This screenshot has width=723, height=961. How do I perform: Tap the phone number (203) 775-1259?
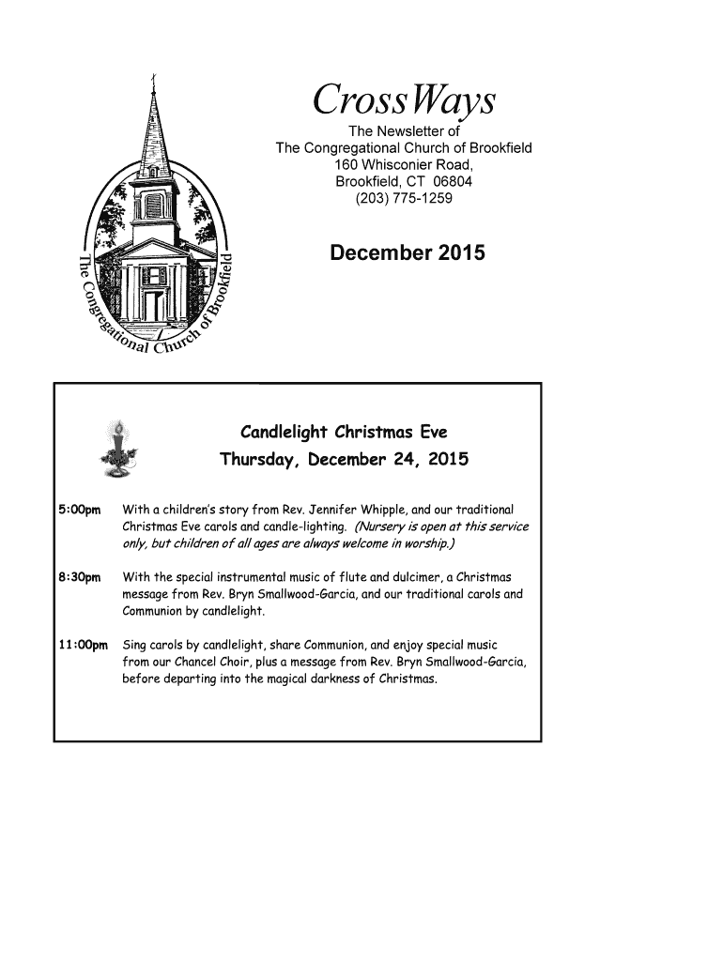(x=404, y=198)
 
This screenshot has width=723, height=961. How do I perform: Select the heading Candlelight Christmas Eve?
(x=344, y=433)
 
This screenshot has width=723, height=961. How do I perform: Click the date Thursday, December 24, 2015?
(x=343, y=461)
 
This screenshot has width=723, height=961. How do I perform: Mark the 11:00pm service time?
(x=83, y=646)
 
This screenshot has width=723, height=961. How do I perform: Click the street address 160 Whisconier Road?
(x=404, y=164)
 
